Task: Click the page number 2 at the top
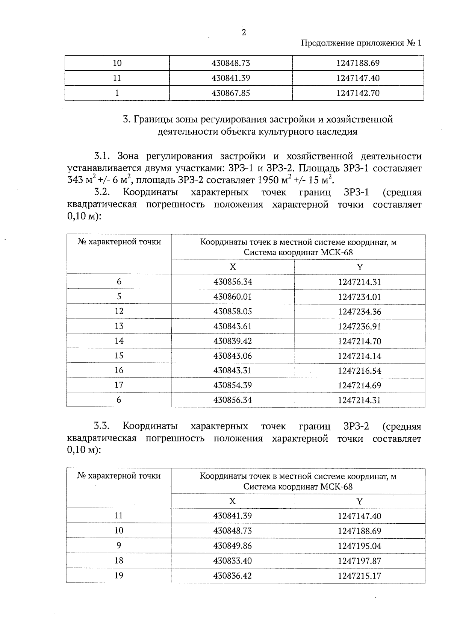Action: click(x=244, y=33)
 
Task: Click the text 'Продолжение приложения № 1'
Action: click(x=361, y=43)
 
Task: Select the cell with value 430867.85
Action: click(x=231, y=93)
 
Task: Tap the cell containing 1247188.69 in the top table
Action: click(x=358, y=63)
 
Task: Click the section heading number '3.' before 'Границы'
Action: click(x=126, y=120)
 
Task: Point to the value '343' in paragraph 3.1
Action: click(x=75, y=180)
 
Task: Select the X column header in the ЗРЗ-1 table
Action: click(x=233, y=267)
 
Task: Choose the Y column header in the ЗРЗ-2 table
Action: click(x=359, y=502)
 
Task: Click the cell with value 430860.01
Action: click(x=232, y=297)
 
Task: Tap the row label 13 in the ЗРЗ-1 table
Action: click(x=119, y=326)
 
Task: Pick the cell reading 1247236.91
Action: click(x=359, y=326)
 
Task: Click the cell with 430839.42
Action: click(x=232, y=341)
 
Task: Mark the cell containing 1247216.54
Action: click(x=359, y=371)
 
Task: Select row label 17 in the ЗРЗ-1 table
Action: click(x=119, y=385)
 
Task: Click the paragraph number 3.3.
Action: click(x=101, y=426)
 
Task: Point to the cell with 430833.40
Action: click(x=232, y=561)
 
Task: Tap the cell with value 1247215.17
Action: click(x=359, y=576)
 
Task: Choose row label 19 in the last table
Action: click(x=119, y=576)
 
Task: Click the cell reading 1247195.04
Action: click(x=359, y=546)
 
